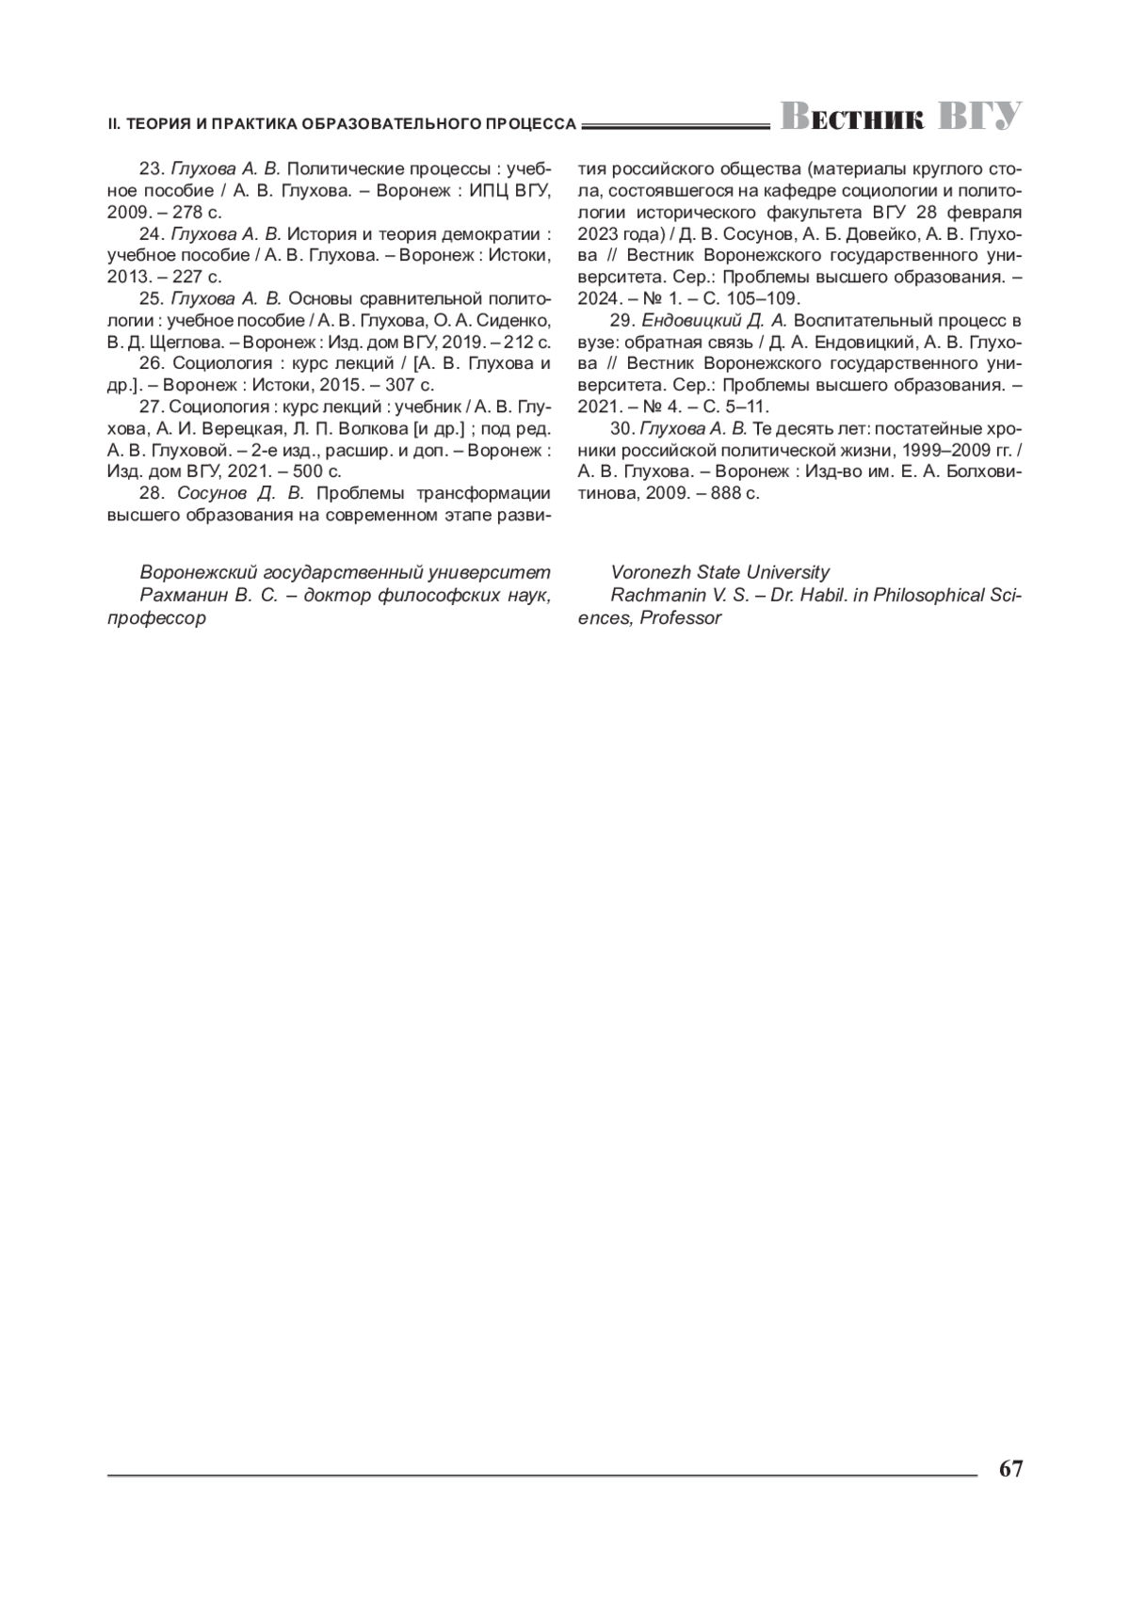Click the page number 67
click(x=1010, y=1470)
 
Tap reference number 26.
click(x=151, y=363)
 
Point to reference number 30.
click(x=622, y=429)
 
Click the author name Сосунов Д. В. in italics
click(x=241, y=493)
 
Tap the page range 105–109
click(x=762, y=299)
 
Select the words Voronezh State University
click(x=719, y=572)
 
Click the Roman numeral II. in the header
click(x=114, y=123)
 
